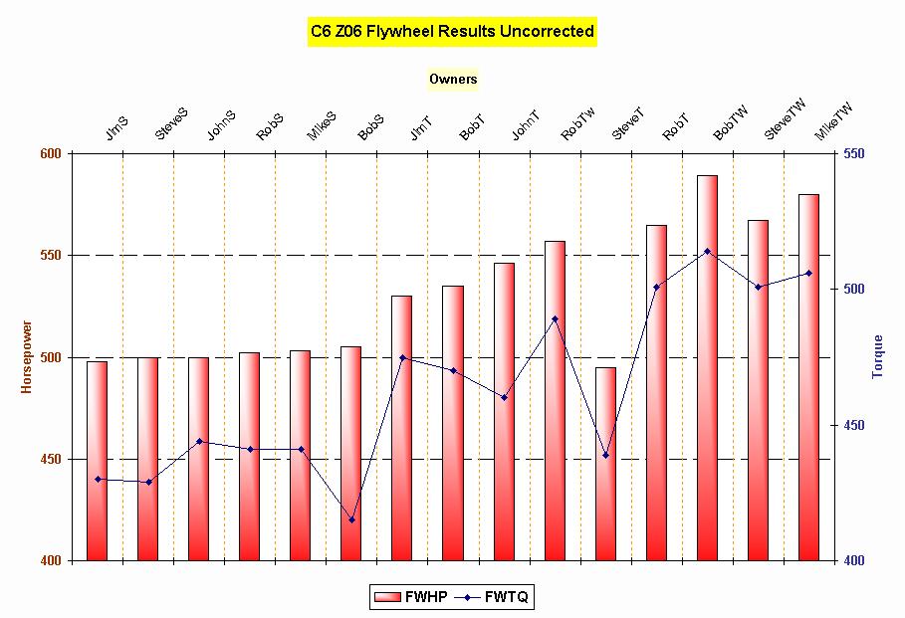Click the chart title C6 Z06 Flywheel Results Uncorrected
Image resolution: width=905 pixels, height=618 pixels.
(x=452, y=32)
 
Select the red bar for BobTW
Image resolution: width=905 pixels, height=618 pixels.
(x=707, y=368)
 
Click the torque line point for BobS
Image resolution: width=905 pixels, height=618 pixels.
(x=351, y=519)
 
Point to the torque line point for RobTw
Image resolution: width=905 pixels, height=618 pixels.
(x=555, y=318)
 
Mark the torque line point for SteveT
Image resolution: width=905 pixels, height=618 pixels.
(x=605, y=455)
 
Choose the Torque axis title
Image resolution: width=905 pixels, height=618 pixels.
(x=877, y=357)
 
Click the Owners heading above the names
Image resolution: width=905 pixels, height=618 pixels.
(x=453, y=79)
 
